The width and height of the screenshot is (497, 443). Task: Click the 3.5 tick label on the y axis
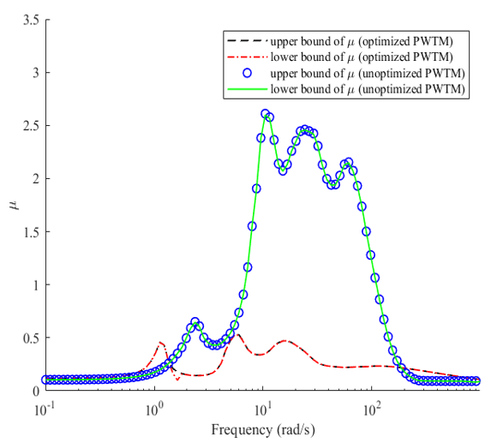tap(31, 21)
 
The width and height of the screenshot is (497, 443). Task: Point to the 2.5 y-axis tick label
tap(31, 126)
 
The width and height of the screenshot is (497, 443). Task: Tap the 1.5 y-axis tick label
tap(31, 232)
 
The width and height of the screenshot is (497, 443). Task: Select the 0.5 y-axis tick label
tap(31, 338)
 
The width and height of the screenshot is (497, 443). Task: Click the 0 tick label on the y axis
tap(36, 391)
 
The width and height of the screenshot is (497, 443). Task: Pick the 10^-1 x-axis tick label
tap(45, 410)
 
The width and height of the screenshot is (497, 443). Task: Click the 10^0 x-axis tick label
tap(154, 410)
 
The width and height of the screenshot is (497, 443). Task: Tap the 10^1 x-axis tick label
tap(263, 410)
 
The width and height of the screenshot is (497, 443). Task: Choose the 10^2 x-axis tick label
tap(372, 410)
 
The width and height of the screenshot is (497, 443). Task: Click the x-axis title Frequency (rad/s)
tap(263, 430)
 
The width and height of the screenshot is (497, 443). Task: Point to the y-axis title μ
tap(15, 205)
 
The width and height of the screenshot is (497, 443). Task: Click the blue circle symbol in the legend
tap(247, 73)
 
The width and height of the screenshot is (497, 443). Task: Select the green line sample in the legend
tap(248, 89)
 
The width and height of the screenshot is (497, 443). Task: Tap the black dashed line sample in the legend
tap(248, 41)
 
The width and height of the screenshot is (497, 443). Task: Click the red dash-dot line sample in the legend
tap(248, 57)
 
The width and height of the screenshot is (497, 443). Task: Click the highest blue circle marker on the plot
tap(266, 113)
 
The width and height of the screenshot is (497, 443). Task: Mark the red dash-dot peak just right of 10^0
tap(161, 343)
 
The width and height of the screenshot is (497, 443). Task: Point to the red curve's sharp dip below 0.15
tap(177, 379)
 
